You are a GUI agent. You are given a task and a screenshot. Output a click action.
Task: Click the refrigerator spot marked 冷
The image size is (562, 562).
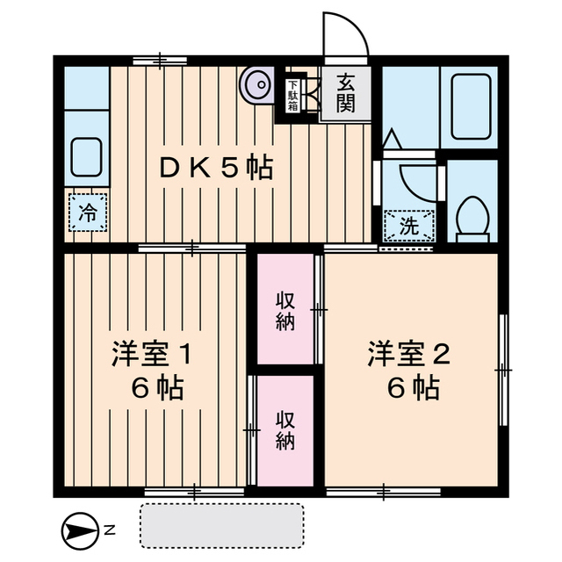click(88, 212)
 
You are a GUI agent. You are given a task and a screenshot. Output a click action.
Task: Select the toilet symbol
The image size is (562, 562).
click(474, 216)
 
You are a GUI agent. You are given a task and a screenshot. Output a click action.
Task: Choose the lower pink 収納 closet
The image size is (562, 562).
click(286, 430)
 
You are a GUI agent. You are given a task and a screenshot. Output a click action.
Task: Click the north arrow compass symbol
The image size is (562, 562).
click(79, 530)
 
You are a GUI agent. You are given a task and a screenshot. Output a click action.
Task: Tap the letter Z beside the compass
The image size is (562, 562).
click(109, 530)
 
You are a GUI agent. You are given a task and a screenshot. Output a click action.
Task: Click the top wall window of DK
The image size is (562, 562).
click(160, 60)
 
